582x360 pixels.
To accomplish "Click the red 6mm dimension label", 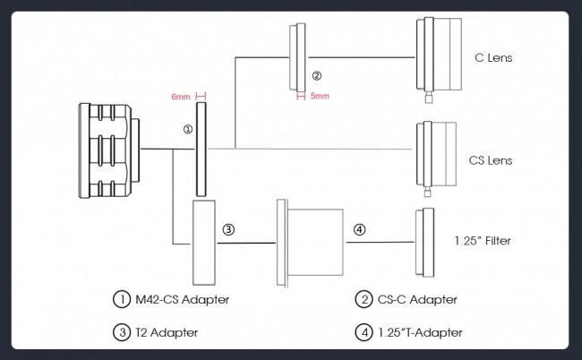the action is pyautogui.click(x=180, y=97).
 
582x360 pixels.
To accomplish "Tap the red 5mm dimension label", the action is pyautogui.click(x=320, y=96).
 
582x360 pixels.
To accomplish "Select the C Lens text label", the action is pyautogui.click(x=493, y=58).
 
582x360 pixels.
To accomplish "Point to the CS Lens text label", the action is pyautogui.click(x=491, y=160).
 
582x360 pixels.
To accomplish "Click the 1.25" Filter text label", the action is pyautogui.click(x=483, y=241).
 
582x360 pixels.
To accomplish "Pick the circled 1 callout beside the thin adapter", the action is pyautogui.click(x=188, y=129).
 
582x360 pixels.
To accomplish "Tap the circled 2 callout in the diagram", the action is pyautogui.click(x=317, y=76).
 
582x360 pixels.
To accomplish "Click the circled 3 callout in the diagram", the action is pyautogui.click(x=228, y=230).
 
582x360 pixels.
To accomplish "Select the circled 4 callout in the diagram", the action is pyautogui.click(x=359, y=230).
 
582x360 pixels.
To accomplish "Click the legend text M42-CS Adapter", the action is pyautogui.click(x=183, y=299).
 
